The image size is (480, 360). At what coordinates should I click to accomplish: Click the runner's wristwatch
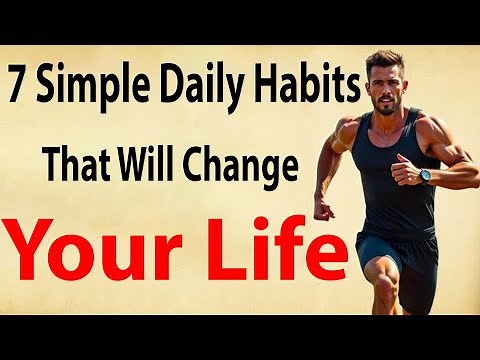(x=426, y=175)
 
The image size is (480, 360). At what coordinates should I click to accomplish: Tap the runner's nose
(x=378, y=85)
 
